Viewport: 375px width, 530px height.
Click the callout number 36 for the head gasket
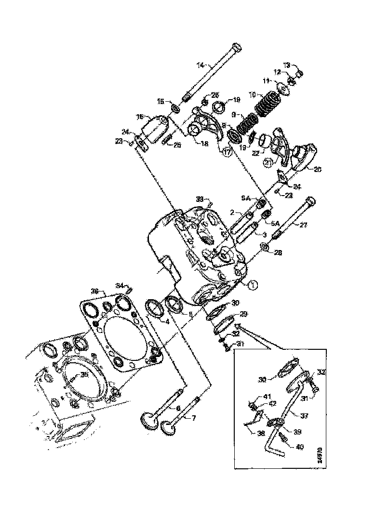click(94, 291)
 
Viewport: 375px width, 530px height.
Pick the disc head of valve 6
click(147, 419)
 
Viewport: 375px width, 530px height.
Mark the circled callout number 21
click(267, 164)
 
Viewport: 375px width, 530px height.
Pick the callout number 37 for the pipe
click(304, 415)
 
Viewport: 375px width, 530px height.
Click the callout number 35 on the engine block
click(84, 374)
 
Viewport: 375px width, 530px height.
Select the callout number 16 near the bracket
click(140, 117)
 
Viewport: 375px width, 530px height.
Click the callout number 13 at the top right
click(286, 65)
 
